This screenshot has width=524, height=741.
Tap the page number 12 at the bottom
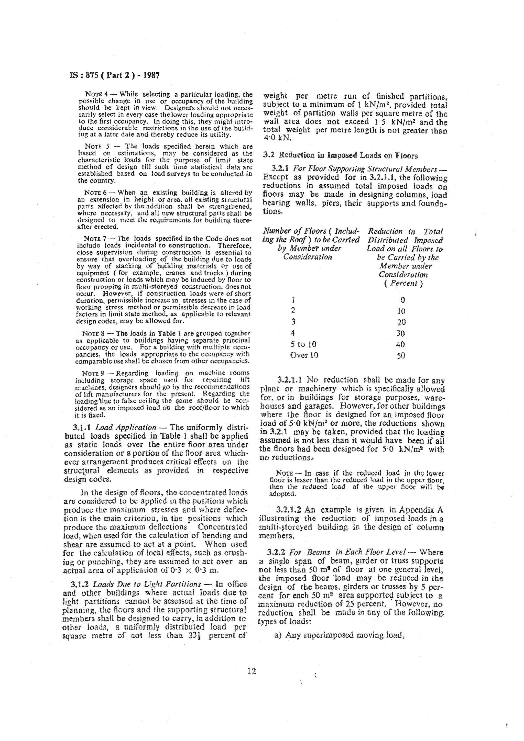coord(252,671)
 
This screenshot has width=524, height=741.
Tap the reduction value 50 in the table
coord(401,356)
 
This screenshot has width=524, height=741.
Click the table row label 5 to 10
coord(303,344)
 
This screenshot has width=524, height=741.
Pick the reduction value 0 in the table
coord(402,300)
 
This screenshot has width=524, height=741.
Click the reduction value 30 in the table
coord(401,333)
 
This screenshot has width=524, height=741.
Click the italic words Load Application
coord(126,427)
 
